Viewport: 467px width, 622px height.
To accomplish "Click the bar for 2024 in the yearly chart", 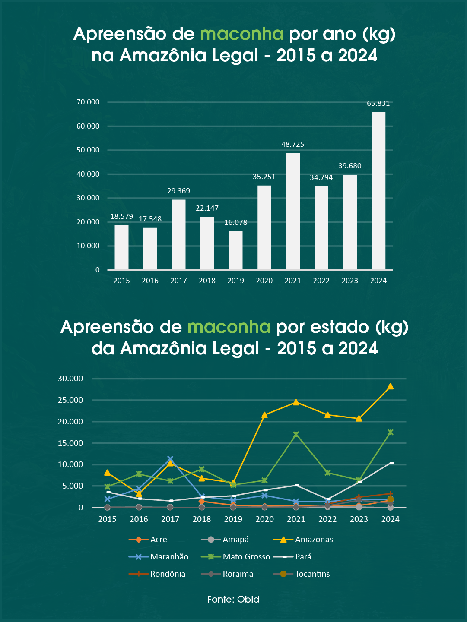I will [378, 191].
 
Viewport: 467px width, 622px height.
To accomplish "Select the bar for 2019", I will [235, 250].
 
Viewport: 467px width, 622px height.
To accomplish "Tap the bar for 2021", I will [293, 211].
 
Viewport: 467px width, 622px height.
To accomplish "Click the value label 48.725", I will [293, 144].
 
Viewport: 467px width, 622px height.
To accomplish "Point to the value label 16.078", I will [235, 223].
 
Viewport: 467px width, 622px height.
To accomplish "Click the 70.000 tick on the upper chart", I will [88, 102].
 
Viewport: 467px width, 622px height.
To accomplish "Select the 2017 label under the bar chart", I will [178, 281].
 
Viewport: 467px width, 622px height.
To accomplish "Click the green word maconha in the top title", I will [242, 34].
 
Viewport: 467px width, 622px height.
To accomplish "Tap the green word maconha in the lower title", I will [229, 327].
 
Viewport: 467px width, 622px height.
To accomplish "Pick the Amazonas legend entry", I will [314, 540].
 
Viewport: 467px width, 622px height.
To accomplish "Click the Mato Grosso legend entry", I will [246, 557].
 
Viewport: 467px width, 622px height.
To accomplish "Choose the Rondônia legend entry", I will [168, 574].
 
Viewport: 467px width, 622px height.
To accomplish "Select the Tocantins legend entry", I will [312, 574].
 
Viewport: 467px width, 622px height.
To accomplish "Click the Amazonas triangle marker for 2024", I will [390, 386].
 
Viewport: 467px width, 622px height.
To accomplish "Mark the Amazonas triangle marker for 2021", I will [296, 402].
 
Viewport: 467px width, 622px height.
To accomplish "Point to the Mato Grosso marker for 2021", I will [296, 434].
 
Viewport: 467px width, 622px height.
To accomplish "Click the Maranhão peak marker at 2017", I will [170, 459].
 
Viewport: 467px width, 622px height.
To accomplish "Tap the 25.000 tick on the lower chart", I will [70, 400].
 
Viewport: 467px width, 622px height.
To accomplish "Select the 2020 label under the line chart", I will [264, 519].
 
